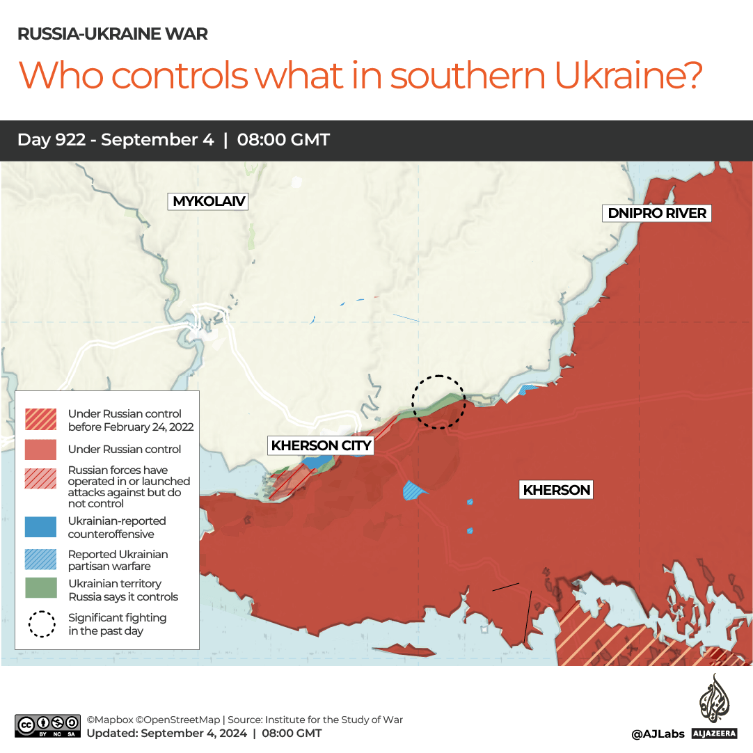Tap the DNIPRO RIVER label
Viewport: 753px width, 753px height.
[x=657, y=213]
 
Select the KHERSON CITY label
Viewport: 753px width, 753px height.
[x=322, y=445]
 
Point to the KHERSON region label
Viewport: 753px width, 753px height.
[x=557, y=490]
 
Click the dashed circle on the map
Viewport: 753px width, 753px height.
[x=438, y=402]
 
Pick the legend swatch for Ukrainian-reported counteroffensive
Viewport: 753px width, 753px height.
[x=41, y=527]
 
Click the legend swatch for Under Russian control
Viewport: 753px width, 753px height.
[x=41, y=450]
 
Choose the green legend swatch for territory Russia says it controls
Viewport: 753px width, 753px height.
[x=41, y=588]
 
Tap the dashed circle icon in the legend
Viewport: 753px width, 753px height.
[x=41, y=624]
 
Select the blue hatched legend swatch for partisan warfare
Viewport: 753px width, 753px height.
[x=41, y=560]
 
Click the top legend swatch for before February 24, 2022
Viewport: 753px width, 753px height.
[x=41, y=420]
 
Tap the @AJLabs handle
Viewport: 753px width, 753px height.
[x=658, y=734]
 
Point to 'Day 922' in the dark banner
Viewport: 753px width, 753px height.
[x=53, y=140]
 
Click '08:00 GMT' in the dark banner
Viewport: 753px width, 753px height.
[x=283, y=140]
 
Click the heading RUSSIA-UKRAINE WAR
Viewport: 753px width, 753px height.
[x=112, y=34]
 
